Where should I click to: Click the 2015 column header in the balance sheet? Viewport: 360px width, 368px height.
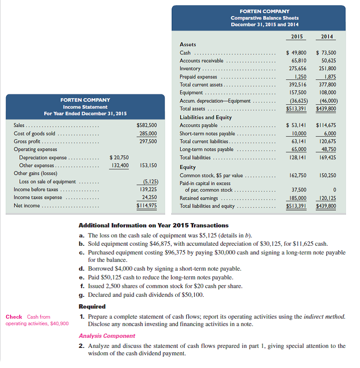point(298,36)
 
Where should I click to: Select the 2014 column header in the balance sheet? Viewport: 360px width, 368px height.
point(327,36)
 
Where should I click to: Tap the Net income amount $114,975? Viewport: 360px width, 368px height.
point(147,206)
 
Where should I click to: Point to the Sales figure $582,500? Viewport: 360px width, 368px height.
point(147,126)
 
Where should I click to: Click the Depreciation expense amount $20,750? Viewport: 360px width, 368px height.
point(119,158)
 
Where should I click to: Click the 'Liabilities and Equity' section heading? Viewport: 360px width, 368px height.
point(206,117)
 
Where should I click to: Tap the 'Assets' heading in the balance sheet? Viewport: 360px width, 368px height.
point(188,45)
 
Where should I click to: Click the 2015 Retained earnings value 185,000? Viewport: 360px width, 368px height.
point(296,198)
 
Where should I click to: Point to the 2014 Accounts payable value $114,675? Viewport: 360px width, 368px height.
point(326,125)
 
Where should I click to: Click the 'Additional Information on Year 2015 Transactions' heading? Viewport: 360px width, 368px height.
point(153,226)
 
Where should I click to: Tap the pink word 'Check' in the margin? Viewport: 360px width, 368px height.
point(14,317)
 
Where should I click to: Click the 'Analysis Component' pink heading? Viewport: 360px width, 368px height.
point(107,336)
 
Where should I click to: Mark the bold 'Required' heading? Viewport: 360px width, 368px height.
point(92,307)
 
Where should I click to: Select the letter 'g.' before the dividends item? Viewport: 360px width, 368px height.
point(82,295)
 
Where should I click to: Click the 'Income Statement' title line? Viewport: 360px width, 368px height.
point(85,107)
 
